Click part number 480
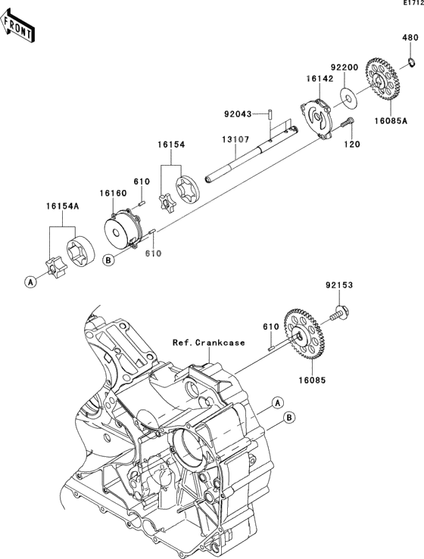pyautogui.click(x=410, y=37)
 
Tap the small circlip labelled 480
pyautogui.click(x=412, y=63)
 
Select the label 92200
pyautogui.click(x=344, y=67)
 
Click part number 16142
pyautogui.click(x=319, y=79)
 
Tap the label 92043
pyautogui.click(x=238, y=114)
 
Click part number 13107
pyautogui.click(x=235, y=139)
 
